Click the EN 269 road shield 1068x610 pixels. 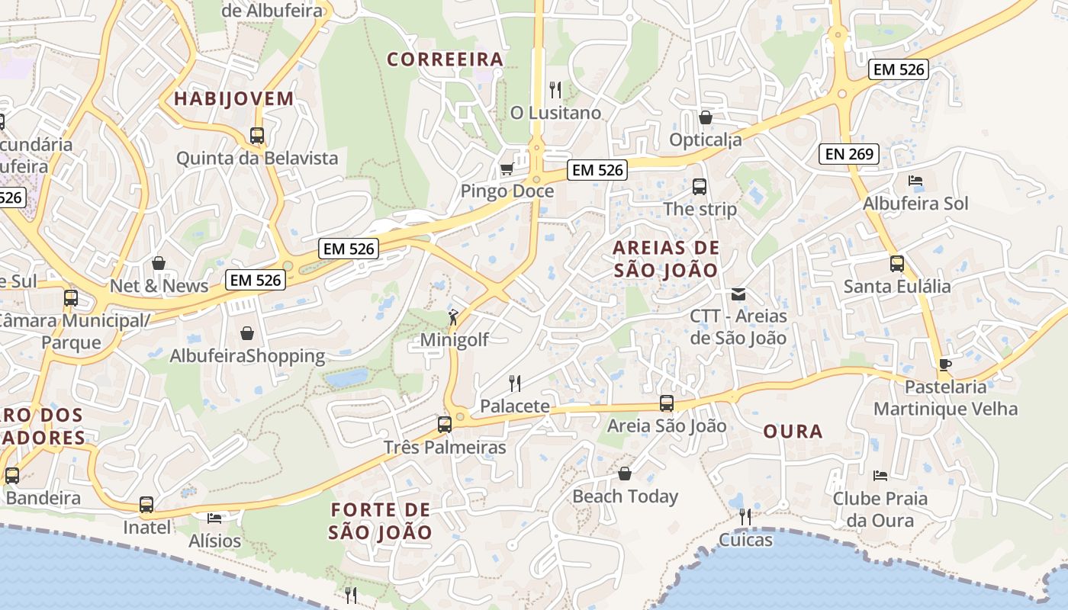pos(849,154)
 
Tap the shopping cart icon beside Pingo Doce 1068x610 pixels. pos(506,169)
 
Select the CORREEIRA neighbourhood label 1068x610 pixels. pos(446,59)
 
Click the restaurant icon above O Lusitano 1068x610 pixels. pos(555,90)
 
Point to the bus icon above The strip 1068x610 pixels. pos(699,186)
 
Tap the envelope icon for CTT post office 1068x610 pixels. pos(738,294)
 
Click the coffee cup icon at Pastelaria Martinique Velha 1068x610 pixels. pos(945,364)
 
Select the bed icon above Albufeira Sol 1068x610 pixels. pos(915,181)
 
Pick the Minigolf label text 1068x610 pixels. pos(455,340)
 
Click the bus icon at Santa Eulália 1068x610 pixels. pos(897,264)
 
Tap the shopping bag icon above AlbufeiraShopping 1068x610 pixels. pos(247,333)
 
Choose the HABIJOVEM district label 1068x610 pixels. pos(233,98)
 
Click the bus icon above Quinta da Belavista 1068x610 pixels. pos(257,136)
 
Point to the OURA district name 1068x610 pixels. pos(793,432)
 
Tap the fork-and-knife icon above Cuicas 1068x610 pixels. pos(745,517)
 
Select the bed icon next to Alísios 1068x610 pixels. pos(214,518)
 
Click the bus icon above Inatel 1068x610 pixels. pos(146,504)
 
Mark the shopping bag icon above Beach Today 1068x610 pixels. pos(625,474)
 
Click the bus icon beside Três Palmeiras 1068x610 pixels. pos(445,424)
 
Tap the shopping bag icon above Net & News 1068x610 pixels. pos(159,263)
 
